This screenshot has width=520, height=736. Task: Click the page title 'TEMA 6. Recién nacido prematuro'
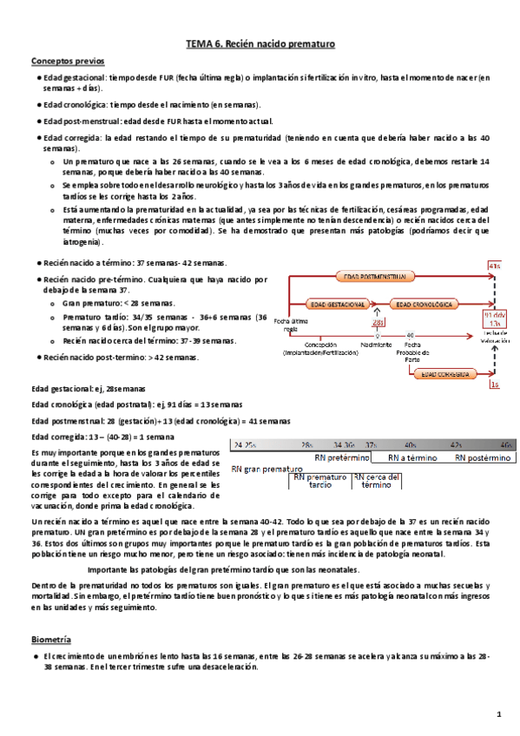click(x=260, y=43)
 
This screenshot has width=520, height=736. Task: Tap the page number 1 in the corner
click(x=499, y=713)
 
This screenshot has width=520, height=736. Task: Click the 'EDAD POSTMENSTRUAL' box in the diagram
click(x=372, y=276)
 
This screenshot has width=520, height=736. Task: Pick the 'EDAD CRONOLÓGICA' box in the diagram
click(x=425, y=305)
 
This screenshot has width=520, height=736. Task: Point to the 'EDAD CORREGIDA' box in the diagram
click(x=446, y=374)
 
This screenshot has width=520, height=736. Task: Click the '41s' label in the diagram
click(x=494, y=266)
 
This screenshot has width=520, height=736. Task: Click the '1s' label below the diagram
click(x=494, y=383)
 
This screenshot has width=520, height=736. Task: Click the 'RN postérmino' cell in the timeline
click(x=484, y=457)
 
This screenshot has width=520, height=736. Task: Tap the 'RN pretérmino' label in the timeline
click(x=344, y=457)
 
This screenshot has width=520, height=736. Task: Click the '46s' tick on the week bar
click(x=505, y=444)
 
